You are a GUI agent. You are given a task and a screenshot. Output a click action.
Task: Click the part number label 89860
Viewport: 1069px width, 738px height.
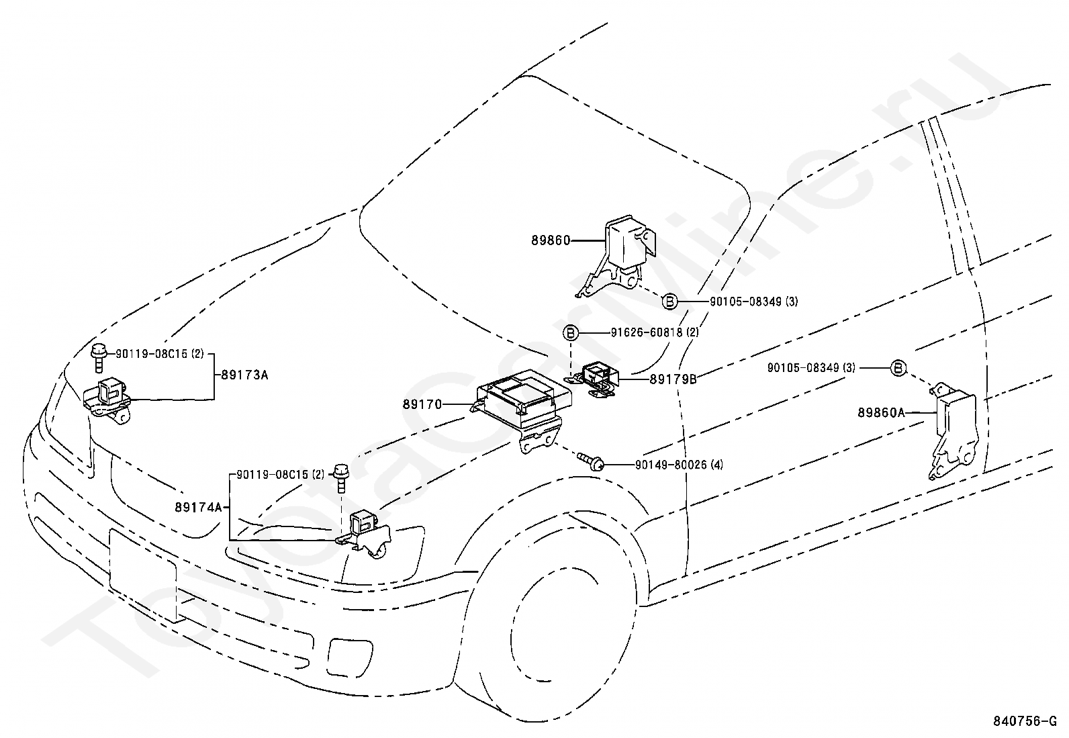pyautogui.click(x=551, y=240)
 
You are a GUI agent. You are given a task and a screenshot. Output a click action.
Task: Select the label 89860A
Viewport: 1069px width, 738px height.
pyautogui.click(x=881, y=412)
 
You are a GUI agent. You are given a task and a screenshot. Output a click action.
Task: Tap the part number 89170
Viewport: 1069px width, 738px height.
pyautogui.click(x=422, y=404)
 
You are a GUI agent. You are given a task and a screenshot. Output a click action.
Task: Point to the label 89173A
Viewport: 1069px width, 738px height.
pyautogui.click(x=244, y=375)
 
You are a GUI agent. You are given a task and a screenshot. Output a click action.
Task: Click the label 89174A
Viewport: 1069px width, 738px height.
pyautogui.click(x=199, y=508)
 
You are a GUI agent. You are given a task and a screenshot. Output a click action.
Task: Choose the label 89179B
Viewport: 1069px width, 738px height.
pyautogui.click(x=673, y=379)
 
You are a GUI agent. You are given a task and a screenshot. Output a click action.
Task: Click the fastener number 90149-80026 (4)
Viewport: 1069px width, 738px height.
pyautogui.click(x=679, y=465)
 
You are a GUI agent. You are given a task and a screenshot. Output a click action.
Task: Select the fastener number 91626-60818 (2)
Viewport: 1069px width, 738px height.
pyautogui.click(x=655, y=332)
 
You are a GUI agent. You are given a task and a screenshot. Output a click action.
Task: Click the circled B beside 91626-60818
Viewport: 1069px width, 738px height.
pyautogui.click(x=571, y=332)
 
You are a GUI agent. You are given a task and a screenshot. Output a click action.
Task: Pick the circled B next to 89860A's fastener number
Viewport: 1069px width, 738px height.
pyautogui.click(x=898, y=368)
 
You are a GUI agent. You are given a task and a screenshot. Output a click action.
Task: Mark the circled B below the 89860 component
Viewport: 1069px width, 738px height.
pyautogui.click(x=669, y=302)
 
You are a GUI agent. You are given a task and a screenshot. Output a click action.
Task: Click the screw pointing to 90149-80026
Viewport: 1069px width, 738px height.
pyautogui.click(x=591, y=460)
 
